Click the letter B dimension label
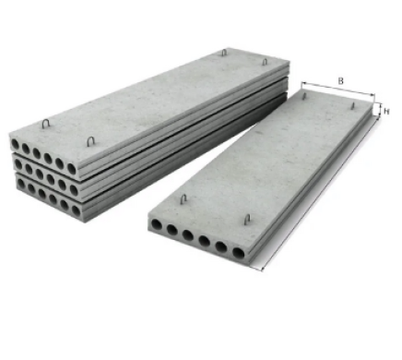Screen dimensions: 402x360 pyautogui.click(x=340, y=81)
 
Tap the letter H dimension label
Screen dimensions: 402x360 pyautogui.click(x=386, y=112)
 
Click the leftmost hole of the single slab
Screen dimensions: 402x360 pyautogui.click(x=157, y=225)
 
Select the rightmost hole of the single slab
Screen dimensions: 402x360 pyautogui.click(x=238, y=253)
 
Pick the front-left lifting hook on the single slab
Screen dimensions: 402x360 pyautogui.click(x=183, y=199)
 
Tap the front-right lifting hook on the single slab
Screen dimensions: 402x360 pyautogui.click(x=247, y=220)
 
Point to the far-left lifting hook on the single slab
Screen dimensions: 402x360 pyautogui.click(x=303, y=96)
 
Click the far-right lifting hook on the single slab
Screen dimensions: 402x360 pyautogui.click(x=353, y=106)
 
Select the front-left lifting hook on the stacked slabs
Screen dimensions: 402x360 pyautogui.click(x=46, y=124)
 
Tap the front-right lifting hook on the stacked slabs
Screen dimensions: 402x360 pyautogui.click(x=90, y=141)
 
